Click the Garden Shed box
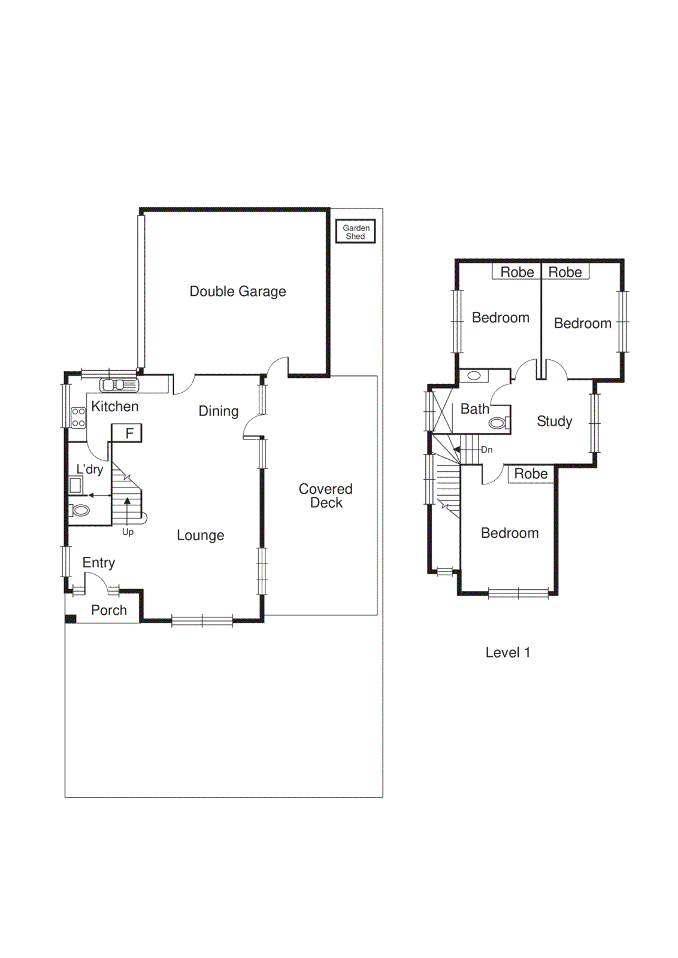[355, 232]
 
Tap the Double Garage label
[238, 292]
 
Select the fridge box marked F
[128, 433]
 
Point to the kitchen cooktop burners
[78, 417]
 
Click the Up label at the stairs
[128, 532]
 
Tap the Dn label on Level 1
[486, 450]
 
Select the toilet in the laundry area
[80, 511]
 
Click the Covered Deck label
[325, 496]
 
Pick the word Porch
[108, 610]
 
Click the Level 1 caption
[507, 653]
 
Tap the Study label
[554, 422]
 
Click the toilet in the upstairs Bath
[498, 423]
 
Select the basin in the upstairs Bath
[474, 376]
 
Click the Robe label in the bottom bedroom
[531, 474]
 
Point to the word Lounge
[200, 535]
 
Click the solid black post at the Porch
[70, 619]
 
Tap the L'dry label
[90, 469]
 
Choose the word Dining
[218, 411]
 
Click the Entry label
[98, 563]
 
